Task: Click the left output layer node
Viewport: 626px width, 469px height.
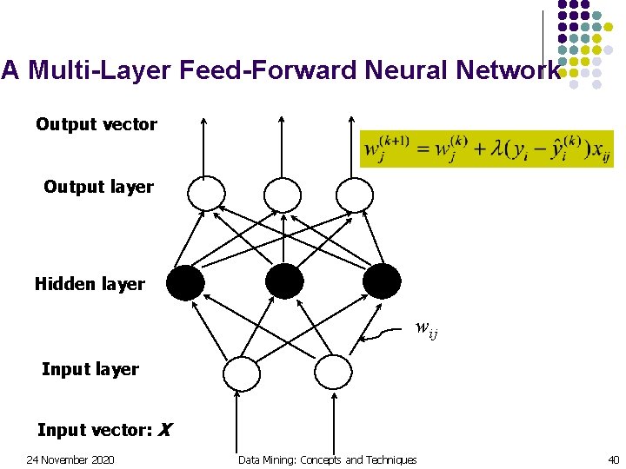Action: pyautogui.click(x=206, y=194)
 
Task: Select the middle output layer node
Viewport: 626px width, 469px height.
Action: pyautogui.click(x=282, y=194)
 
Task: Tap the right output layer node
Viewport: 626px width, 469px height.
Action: pyautogui.click(x=355, y=194)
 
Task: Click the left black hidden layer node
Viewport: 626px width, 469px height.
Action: pyautogui.click(x=185, y=281)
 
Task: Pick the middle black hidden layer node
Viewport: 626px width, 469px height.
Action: pyautogui.click(x=284, y=281)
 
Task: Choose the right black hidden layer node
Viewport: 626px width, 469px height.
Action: pyautogui.click(x=383, y=281)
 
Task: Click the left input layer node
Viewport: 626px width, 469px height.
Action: pyautogui.click(x=241, y=373)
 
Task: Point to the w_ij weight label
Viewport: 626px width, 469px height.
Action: pyautogui.click(x=426, y=328)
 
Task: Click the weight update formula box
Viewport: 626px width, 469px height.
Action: pyautogui.click(x=487, y=149)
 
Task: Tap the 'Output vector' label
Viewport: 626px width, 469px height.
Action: pyautogui.click(x=97, y=124)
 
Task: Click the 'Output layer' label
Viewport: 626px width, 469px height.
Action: pyautogui.click(x=98, y=187)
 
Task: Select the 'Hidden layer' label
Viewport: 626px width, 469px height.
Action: pyautogui.click(x=90, y=284)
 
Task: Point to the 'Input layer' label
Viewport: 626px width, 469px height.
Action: pyautogui.click(x=90, y=369)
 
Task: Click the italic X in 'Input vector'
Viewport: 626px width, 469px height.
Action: pyautogui.click(x=165, y=430)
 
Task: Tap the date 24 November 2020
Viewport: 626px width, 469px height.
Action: pyautogui.click(x=70, y=459)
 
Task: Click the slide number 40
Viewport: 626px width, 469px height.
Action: pyautogui.click(x=613, y=459)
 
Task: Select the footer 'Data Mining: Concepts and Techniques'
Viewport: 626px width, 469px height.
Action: pyautogui.click(x=327, y=459)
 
